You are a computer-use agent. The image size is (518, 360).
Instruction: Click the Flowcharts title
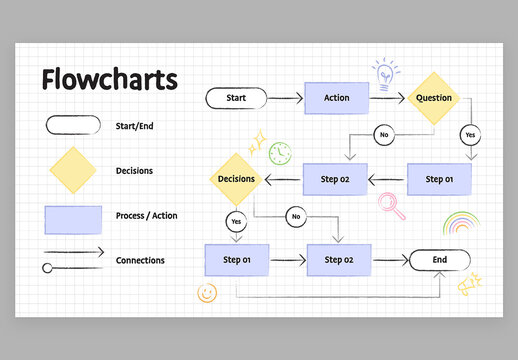coord(109,80)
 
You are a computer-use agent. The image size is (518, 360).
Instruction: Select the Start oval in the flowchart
coord(236,98)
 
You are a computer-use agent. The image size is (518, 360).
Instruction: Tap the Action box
coord(336,98)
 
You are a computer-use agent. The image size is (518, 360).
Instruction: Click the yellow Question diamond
coord(433,98)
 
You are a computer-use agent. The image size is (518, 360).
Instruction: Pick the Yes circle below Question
coord(469,134)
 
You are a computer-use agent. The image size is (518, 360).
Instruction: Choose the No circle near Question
coord(383,134)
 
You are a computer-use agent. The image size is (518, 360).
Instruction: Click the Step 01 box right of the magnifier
coord(439,179)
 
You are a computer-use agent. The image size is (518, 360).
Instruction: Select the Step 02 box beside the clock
coord(335,179)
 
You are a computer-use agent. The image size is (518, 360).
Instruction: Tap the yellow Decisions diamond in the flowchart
coord(237,179)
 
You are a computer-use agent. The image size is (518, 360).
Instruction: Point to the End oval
coord(439,260)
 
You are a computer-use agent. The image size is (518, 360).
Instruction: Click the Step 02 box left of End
coord(338,260)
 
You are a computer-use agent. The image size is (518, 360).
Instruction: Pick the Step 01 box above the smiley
coord(236,260)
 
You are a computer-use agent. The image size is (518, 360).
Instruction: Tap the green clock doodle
coord(281,153)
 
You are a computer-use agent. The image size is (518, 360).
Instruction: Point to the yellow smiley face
coord(207,293)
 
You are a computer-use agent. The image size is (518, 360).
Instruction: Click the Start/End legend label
coord(134,126)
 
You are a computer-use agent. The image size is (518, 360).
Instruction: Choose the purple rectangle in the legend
coord(73,220)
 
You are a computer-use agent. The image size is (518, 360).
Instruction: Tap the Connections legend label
coord(140,260)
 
